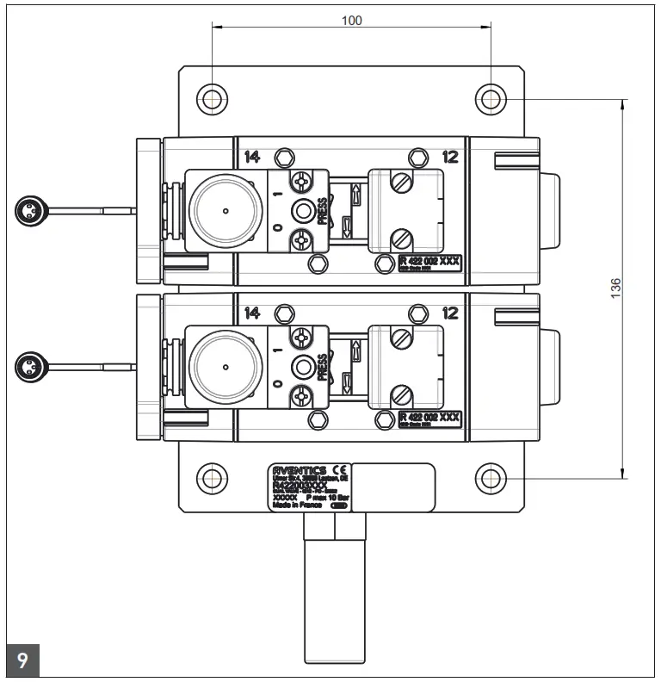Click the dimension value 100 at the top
tap(351, 20)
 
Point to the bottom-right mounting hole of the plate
tap(491, 476)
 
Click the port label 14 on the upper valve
tap(252, 157)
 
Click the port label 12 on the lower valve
tap(450, 313)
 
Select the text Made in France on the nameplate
tap(296, 505)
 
